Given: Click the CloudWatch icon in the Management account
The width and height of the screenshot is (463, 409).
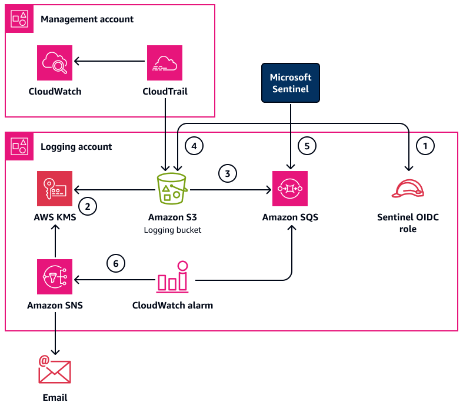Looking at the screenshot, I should tap(55, 62).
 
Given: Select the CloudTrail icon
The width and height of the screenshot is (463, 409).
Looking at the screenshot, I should tap(165, 62).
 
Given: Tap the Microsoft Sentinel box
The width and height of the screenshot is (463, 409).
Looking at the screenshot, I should tap(291, 83).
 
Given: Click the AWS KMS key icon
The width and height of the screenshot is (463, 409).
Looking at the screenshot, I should tap(55, 189).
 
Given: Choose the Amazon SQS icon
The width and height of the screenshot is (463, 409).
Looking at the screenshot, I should tap(291, 189).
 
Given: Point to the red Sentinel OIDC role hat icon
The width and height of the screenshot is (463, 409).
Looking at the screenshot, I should tap(408, 189).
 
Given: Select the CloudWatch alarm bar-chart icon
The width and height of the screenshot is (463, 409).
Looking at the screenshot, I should tap(172, 277).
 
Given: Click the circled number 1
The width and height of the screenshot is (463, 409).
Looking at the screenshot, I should tap(425, 144).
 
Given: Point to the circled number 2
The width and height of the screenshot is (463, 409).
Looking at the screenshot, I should tap(87, 206).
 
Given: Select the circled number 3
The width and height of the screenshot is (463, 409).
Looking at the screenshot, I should tap(227, 173).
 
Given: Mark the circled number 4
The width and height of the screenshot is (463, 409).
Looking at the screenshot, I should tap(193, 144).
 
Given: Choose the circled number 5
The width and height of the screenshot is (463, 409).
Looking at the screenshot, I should tap(307, 144).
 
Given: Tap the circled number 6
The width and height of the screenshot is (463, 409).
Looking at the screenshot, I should tap(115, 264).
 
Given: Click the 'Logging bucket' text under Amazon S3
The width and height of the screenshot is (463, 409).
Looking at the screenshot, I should tap(172, 230).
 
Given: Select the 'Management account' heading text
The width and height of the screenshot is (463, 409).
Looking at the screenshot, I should tap(87, 19).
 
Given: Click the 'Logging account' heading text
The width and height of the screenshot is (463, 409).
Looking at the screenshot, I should tap(76, 146).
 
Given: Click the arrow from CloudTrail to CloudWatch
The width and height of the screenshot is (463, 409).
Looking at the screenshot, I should tap(109, 61).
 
